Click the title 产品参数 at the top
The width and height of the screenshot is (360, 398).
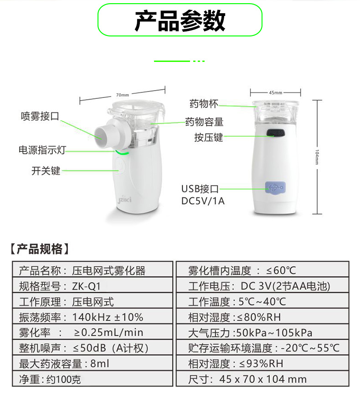point(180,20)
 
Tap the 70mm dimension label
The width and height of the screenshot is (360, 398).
point(123,95)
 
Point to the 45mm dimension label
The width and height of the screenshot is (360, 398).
point(275,92)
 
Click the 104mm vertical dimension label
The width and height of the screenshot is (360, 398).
point(317,157)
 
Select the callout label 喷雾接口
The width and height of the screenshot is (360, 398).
point(40,116)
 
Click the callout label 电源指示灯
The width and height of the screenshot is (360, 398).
point(42,150)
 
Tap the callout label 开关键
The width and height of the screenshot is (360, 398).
point(46,171)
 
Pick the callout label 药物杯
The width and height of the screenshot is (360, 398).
point(204,103)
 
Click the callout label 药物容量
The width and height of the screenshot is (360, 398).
point(204,122)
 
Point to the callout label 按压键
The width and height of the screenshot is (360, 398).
point(209,138)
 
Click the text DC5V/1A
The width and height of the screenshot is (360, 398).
point(203,201)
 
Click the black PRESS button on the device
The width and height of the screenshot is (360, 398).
point(276,133)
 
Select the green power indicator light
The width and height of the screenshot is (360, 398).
point(122,153)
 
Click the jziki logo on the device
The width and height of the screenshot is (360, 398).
point(124,199)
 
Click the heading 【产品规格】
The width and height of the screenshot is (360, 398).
point(40,249)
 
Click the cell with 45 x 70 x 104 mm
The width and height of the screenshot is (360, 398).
point(262,379)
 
